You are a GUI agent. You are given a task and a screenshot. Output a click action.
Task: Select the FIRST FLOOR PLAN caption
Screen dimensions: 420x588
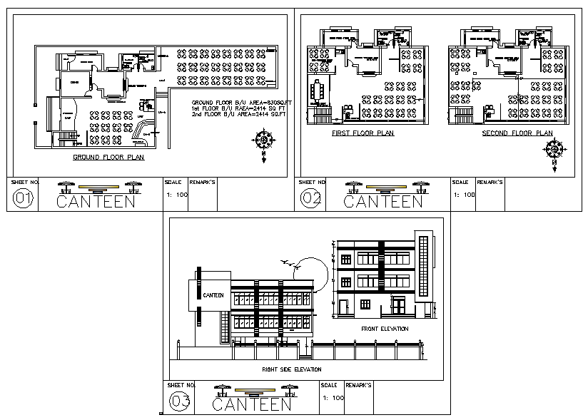coord(363,133)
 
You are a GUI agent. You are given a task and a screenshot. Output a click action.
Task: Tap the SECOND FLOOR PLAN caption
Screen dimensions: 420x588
coord(517,133)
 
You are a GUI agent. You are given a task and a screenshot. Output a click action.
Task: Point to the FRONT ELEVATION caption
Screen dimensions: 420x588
coord(385,329)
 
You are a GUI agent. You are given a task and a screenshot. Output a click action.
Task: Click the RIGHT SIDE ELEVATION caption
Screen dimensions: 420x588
coord(291,369)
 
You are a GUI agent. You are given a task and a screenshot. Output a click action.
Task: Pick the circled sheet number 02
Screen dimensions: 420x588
coord(311,200)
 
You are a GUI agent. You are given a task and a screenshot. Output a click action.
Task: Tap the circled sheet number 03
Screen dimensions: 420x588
coord(180,403)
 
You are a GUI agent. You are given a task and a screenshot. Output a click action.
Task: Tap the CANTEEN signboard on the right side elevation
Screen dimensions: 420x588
coord(213,295)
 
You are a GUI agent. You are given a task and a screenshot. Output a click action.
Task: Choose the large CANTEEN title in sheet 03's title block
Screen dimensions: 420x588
coord(253,404)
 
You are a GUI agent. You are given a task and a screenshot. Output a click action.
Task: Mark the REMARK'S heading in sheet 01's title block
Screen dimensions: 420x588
coord(203,183)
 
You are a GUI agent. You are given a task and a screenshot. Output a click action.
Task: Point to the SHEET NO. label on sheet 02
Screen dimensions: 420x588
coord(312,182)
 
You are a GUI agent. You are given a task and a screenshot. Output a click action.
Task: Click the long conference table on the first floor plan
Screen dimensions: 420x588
coord(318,91)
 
